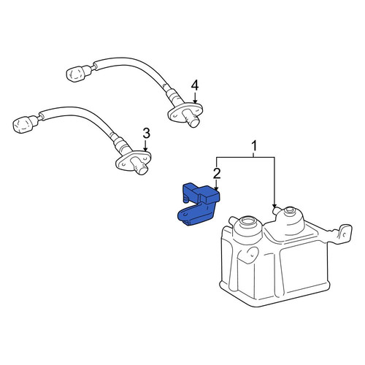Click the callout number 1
254,147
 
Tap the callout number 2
217,174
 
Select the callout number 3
146,134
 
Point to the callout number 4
195,86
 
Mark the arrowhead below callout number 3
145,150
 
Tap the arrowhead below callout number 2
216,188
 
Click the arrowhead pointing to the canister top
274,206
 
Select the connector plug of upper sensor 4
76,72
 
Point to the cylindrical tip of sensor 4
192,118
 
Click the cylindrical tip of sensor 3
139,166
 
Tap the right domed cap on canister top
289,217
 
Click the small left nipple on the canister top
232,220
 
